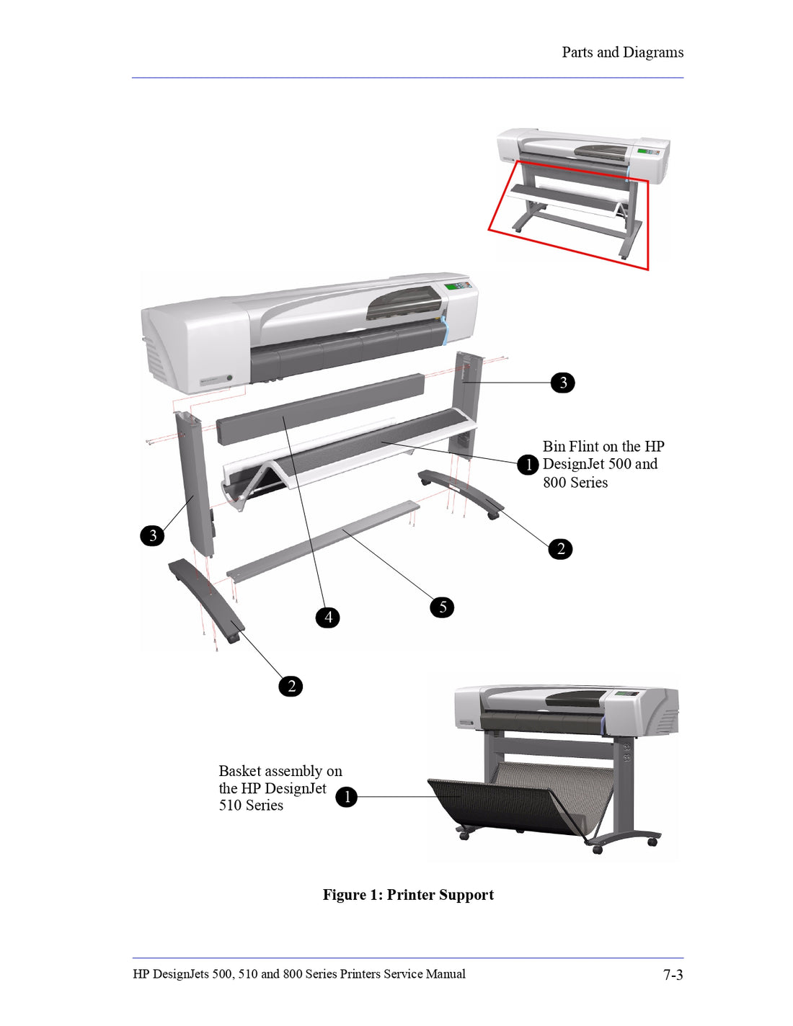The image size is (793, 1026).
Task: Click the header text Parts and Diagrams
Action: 622,53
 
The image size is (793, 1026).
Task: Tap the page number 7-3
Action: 673,975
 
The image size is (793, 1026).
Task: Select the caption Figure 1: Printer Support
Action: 408,895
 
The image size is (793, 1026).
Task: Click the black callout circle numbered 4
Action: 328,617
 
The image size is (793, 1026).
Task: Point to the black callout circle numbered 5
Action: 442,607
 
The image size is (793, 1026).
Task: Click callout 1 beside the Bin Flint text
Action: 528,465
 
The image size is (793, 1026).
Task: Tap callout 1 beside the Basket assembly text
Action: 347,797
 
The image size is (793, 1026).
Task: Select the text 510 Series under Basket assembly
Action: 251,806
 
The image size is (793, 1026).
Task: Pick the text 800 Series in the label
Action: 575,483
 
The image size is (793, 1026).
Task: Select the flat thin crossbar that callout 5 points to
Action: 324,540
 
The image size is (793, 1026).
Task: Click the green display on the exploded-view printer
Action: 453,286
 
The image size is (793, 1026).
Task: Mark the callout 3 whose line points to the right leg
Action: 563,383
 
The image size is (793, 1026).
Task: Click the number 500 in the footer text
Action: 221,974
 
